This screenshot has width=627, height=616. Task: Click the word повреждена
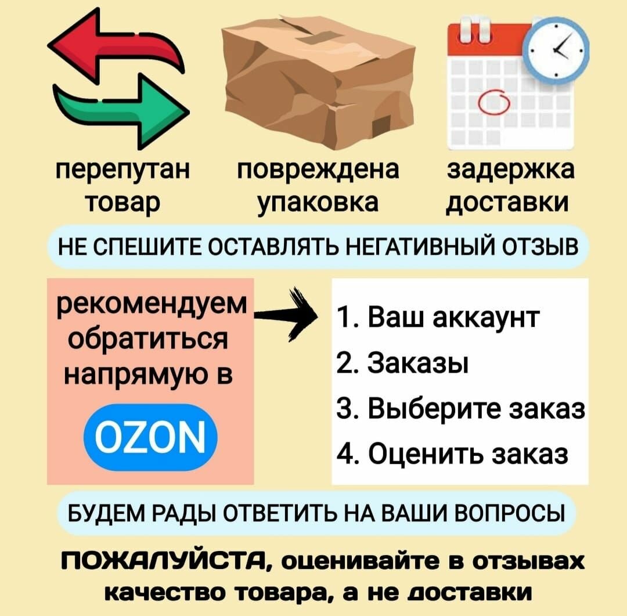point(319,171)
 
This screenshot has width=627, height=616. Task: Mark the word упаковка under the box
point(318,203)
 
